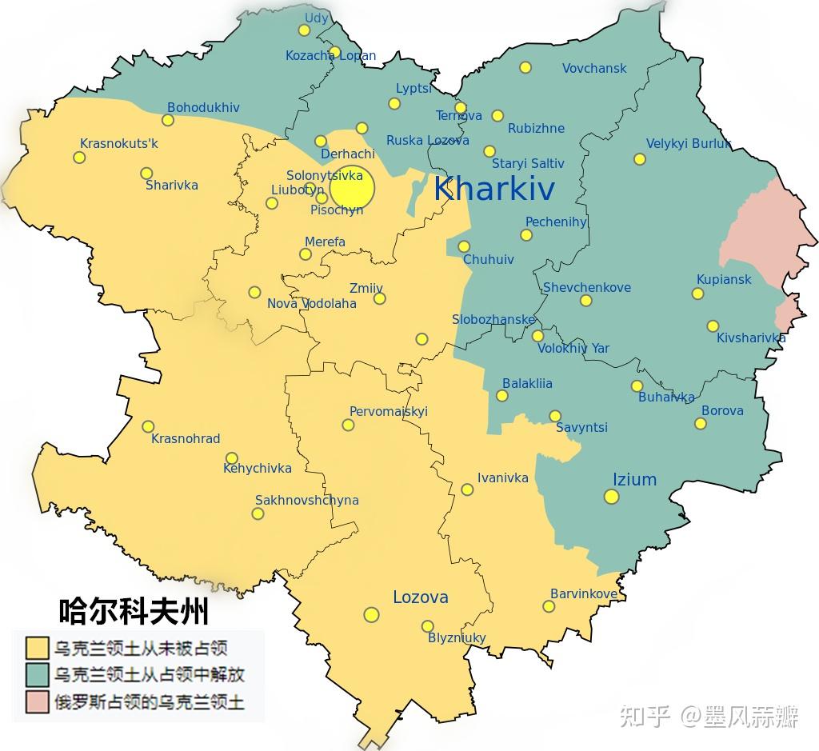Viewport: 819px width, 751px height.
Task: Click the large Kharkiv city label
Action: coord(494,190)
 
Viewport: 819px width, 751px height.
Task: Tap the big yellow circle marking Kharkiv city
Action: coord(352,188)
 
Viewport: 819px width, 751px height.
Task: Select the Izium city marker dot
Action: coord(611,497)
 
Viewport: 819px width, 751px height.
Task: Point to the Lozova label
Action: coord(420,597)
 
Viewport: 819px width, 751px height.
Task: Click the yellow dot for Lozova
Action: coord(371,614)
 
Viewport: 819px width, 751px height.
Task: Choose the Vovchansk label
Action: coord(594,69)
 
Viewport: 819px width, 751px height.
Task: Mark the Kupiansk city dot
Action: coord(697,294)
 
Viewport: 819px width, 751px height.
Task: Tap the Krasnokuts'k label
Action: coord(119,144)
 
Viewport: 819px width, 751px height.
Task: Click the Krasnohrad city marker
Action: coord(148,426)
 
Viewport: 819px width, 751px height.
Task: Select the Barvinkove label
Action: coord(584,594)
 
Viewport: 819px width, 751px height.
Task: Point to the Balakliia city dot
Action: coord(501,395)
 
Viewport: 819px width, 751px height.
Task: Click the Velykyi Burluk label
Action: coord(689,144)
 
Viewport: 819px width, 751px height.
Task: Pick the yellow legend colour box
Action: coord(36,647)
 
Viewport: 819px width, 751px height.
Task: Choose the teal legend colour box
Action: coord(36,675)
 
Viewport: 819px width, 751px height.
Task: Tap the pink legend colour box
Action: coord(36,703)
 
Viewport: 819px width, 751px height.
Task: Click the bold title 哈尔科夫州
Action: coord(134,612)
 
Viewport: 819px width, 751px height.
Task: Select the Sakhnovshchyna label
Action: coord(306,501)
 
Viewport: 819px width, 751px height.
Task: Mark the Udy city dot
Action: coord(304,30)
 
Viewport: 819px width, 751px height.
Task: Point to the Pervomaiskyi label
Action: coord(389,412)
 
